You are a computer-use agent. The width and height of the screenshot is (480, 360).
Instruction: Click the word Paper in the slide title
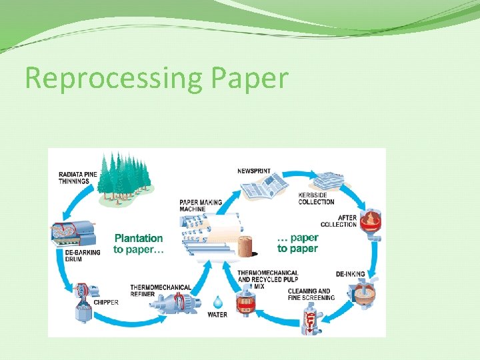(x=249, y=79)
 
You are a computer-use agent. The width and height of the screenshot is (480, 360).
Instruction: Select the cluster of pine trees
(x=125, y=175)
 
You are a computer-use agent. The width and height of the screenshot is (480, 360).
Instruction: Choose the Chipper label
(x=106, y=302)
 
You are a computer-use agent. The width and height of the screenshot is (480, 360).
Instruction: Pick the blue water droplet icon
(x=217, y=302)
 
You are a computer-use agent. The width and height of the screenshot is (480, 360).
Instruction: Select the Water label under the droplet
(x=217, y=315)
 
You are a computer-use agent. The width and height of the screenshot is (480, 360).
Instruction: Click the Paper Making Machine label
(x=201, y=205)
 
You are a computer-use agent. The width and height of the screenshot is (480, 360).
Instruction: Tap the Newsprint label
(x=254, y=171)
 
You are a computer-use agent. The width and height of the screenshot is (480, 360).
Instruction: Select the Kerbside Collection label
(x=316, y=199)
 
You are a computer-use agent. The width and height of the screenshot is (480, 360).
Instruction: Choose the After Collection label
(x=339, y=221)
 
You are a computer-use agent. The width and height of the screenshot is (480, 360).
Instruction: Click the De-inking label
(x=349, y=274)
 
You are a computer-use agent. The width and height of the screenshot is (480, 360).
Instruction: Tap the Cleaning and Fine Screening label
(x=311, y=294)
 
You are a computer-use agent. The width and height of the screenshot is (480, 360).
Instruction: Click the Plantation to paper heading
(x=138, y=243)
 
